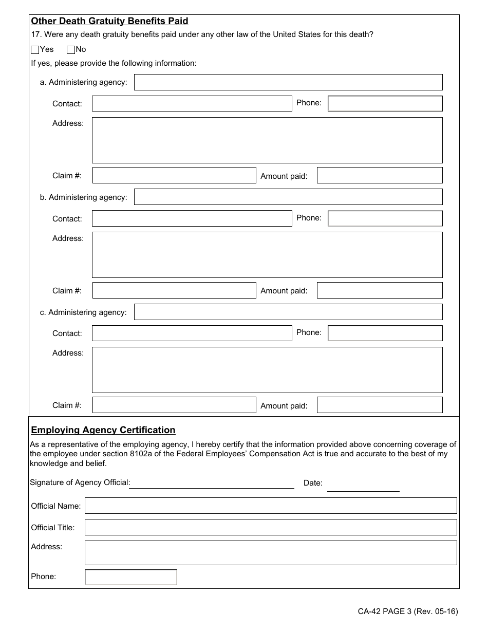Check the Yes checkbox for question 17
pyautogui.click(x=35, y=50)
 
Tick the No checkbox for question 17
pyautogui.click(x=71, y=50)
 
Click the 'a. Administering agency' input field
pyautogui.click(x=288, y=82)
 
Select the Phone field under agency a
pyautogui.click(x=385, y=103)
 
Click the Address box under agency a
pyautogui.click(x=267, y=140)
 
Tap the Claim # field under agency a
pyautogui.click(x=174, y=175)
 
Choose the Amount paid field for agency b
pyautogui.click(x=380, y=290)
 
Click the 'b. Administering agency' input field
pyautogui.click(x=288, y=197)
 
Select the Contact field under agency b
pyautogui.click(x=192, y=218)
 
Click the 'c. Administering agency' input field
pyautogui.click(x=288, y=312)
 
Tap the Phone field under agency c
pyautogui.click(x=385, y=333)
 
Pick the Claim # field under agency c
pyautogui.click(x=174, y=405)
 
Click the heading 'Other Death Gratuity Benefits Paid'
pyautogui.click(x=109, y=21)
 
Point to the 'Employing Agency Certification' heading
pyautogui.click(x=103, y=430)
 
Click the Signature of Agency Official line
pyautogui.click(x=212, y=483)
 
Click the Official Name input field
pyautogui.click(x=271, y=506)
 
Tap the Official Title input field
pyautogui.click(x=271, y=527)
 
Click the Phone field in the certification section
pyautogui.click(x=131, y=577)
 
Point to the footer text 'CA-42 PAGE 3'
pyautogui.click(x=385, y=611)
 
